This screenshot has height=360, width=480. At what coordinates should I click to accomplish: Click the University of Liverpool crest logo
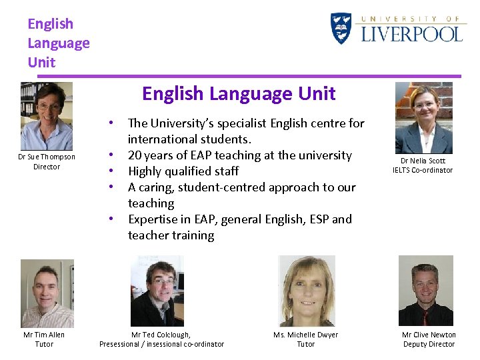pos(341,29)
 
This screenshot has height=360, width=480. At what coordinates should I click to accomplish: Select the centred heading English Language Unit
pos(239,93)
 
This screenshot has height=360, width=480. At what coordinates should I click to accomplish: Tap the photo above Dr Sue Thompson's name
pos(46,116)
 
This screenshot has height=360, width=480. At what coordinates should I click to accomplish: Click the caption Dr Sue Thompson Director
pos(47,161)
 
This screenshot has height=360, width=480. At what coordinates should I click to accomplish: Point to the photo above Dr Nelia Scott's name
pos(423,118)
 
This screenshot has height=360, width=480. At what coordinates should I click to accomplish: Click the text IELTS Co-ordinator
pos(423,170)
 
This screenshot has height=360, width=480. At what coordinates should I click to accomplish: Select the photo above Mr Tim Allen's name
pos(47,293)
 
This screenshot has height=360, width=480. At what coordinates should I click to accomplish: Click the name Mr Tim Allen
pos(44,335)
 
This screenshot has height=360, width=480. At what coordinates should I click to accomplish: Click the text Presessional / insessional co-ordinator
pos(161,344)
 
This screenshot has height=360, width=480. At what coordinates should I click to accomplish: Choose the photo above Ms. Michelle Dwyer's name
pos(307,291)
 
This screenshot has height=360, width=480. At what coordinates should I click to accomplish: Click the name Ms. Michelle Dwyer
pos(305,335)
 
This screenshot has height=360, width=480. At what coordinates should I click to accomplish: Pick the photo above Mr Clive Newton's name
pos(425,291)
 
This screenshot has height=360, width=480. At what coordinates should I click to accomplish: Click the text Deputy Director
pos(429,344)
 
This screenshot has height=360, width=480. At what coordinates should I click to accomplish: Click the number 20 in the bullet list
pos(134,155)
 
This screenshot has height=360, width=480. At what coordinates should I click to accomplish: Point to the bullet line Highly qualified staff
pos(183,171)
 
